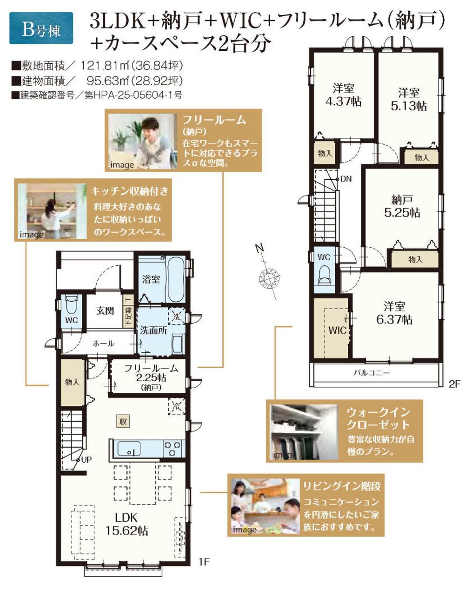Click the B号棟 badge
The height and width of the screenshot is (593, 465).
(41, 28)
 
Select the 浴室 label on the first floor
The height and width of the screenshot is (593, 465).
(151, 279)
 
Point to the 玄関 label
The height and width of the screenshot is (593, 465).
(105, 310)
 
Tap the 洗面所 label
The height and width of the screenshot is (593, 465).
(153, 330)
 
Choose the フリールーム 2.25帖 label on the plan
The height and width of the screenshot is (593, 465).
(151, 374)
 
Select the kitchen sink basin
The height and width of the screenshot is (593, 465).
(129, 448)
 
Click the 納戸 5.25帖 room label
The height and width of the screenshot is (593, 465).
(402, 206)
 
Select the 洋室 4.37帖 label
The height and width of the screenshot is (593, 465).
(344, 95)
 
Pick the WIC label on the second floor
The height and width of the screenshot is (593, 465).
(338, 330)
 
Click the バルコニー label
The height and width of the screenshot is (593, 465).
(372, 373)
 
